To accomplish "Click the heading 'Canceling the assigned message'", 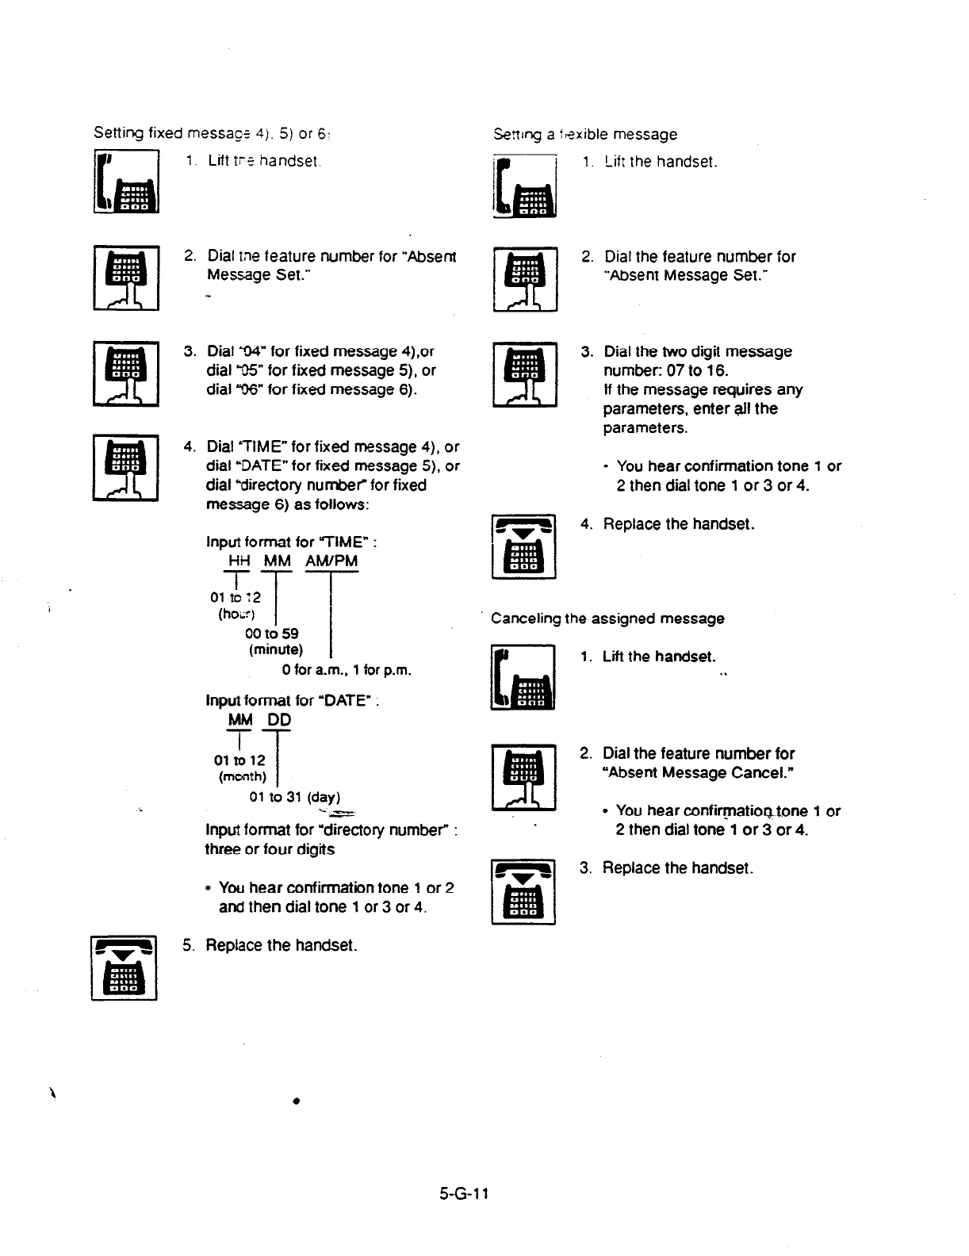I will click(607, 618).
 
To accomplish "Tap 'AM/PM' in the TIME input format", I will click(330, 561).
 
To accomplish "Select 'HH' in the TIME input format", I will click(238, 561).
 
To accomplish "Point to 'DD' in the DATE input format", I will click(279, 720).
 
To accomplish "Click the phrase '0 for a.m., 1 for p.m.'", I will click(347, 670).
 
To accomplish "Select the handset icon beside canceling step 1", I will click(523, 678).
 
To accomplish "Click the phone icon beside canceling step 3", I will click(523, 892).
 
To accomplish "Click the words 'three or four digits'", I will click(270, 849).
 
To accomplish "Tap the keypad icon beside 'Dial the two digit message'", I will click(524, 375).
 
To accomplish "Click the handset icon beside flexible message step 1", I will click(524, 186).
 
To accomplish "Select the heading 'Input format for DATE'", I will click(289, 701).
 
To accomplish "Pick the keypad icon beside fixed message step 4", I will click(126, 468).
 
